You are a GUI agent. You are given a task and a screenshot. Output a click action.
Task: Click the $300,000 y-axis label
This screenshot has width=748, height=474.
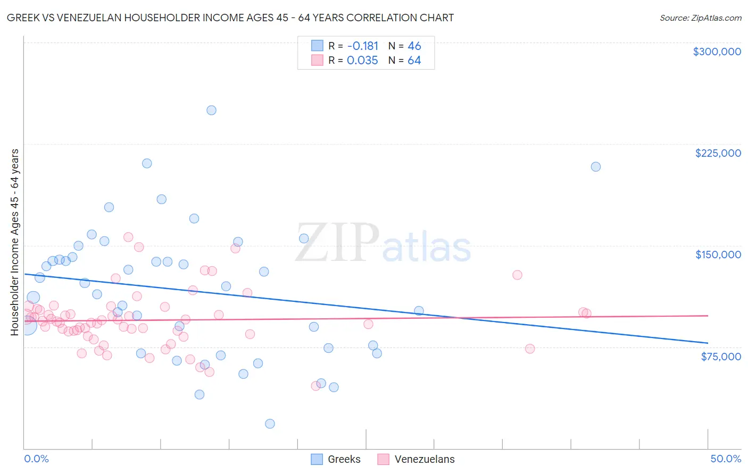(717, 52)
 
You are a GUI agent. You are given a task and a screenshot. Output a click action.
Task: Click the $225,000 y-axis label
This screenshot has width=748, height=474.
(718, 153)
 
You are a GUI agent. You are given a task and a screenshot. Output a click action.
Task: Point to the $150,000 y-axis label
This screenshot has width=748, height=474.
(718, 255)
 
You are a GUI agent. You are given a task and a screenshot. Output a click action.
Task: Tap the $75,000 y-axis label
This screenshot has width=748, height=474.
(720, 357)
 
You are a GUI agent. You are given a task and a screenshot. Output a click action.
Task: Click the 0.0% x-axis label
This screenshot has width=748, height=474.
(36, 459)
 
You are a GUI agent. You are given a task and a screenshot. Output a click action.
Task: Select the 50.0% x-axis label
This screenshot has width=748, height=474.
(725, 459)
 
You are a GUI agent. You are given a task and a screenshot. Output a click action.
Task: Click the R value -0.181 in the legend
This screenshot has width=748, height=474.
(362, 46)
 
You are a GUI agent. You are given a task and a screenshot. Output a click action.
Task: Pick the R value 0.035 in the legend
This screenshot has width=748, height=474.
(362, 61)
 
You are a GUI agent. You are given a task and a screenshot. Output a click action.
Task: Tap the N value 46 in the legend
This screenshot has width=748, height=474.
(414, 46)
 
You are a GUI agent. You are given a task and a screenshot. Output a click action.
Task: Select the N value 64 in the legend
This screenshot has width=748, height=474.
(414, 61)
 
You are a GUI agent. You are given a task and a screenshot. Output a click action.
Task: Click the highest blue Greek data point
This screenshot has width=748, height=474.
(211, 111)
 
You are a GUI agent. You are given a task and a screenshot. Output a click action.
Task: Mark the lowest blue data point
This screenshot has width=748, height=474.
(270, 424)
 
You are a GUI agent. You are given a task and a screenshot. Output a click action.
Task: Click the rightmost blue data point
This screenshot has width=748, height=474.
(596, 167)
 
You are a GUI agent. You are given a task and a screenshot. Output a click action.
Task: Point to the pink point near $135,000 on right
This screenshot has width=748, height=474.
(517, 275)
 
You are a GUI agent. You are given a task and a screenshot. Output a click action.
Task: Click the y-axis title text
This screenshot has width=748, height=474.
(15, 242)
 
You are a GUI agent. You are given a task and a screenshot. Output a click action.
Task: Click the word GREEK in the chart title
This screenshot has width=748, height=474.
(22, 18)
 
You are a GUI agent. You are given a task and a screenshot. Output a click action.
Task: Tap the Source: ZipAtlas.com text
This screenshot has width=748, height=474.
(700, 18)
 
